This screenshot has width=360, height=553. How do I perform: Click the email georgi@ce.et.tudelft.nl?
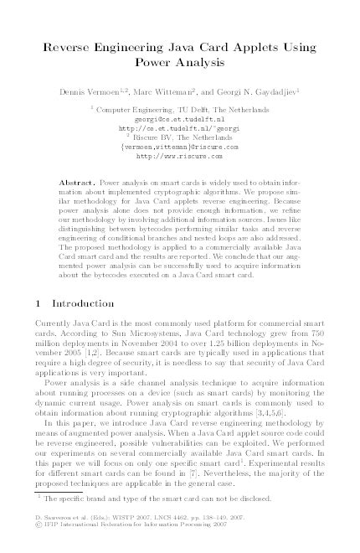tap(180, 119)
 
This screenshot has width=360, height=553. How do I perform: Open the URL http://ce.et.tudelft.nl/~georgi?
tap(180, 128)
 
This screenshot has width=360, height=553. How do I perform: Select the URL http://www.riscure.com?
tap(180, 156)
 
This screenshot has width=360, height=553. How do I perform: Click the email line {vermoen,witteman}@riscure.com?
tap(180, 147)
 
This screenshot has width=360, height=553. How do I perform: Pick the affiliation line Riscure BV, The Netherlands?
tap(183, 137)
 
